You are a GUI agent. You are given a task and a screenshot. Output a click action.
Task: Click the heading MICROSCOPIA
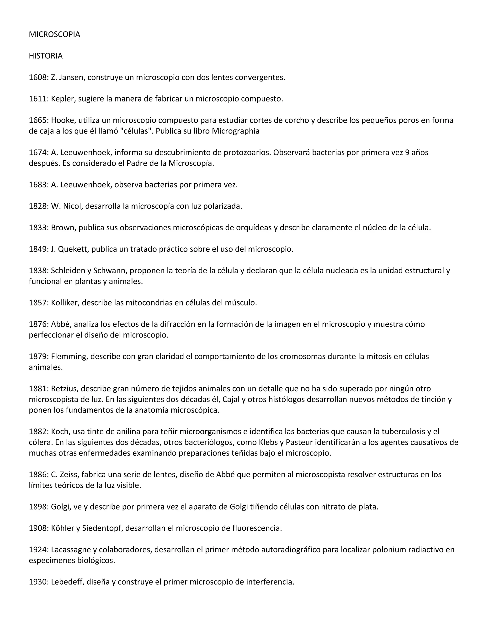click(x=54, y=34)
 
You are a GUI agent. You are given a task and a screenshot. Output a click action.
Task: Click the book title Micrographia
click(x=235, y=131)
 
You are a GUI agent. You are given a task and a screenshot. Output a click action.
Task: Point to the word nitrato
click(x=335, y=507)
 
